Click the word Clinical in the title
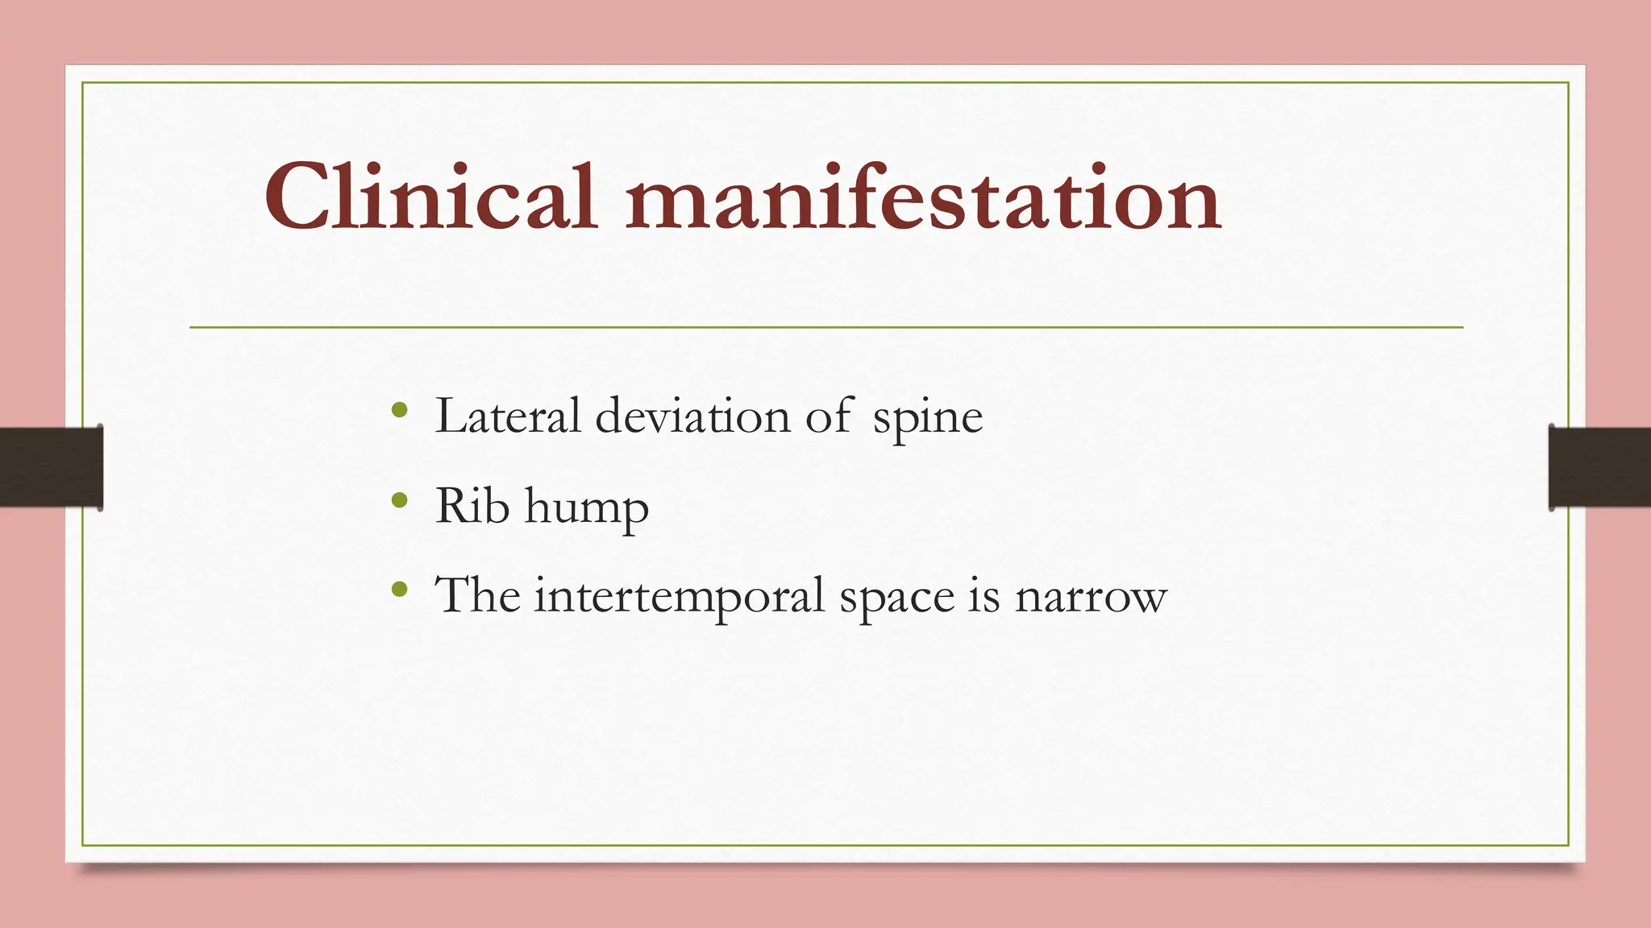(430, 197)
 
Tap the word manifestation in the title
(922, 197)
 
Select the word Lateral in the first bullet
(508, 416)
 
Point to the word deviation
(693, 416)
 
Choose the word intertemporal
(680, 597)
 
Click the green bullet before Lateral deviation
(398, 411)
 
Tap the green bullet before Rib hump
(398, 500)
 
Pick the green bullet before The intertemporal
(398, 590)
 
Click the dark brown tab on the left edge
(51, 467)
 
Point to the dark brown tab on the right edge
(1599, 467)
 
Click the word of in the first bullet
(829, 416)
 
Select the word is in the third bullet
(985, 597)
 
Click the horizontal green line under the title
(825, 327)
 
